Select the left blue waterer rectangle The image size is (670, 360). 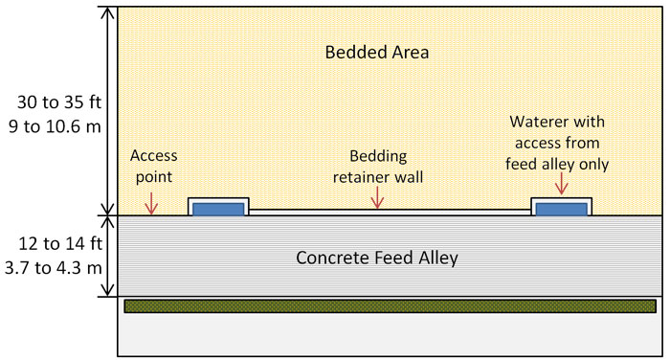click(x=218, y=209)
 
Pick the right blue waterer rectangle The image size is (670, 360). click(x=561, y=209)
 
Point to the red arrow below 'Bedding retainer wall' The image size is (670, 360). click(x=378, y=197)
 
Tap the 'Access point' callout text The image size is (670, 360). click(x=154, y=165)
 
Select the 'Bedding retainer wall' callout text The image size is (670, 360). click(x=378, y=166)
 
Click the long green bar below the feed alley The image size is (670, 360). click(x=390, y=306)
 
